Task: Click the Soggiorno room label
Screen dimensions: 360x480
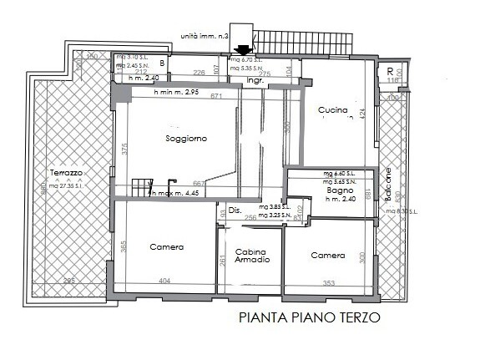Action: tap(186, 138)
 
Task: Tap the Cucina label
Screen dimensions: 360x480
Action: tap(332, 110)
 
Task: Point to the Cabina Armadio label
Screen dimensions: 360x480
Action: tap(251, 256)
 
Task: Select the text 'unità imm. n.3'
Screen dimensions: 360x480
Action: tap(205, 36)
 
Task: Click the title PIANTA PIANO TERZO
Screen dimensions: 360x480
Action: tap(309, 317)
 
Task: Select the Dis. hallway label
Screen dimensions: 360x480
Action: tap(234, 210)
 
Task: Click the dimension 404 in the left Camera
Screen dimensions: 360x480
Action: tap(164, 282)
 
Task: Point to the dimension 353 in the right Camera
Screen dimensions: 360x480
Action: tap(329, 283)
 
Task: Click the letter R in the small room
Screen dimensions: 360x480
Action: tap(390, 71)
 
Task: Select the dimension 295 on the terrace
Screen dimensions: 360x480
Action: tap(68, 280)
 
